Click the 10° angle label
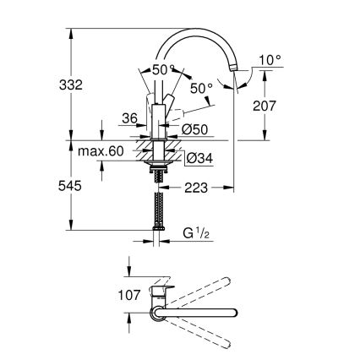tap(269, 60)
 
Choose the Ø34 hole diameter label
tap(196, 156)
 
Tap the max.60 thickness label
tap(100, 151)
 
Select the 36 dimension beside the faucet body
tap(129, 119)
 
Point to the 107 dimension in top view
tap(103, 297)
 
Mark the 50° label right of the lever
tap(201, 88)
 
